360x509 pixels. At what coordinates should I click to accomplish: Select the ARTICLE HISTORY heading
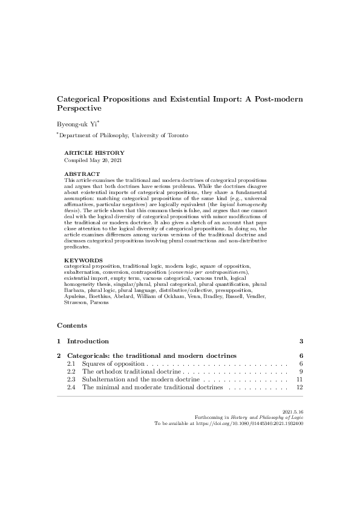pos(94,153)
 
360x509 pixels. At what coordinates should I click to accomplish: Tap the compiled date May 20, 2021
pos(105,160)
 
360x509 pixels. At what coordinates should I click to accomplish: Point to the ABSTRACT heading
pos(82,174)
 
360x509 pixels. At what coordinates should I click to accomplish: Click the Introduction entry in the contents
pos(88,341)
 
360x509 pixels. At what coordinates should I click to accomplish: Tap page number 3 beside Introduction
pos(300,341)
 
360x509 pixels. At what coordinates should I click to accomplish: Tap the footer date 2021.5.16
pos(292,411)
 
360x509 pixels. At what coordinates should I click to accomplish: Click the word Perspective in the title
pos(79,108)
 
